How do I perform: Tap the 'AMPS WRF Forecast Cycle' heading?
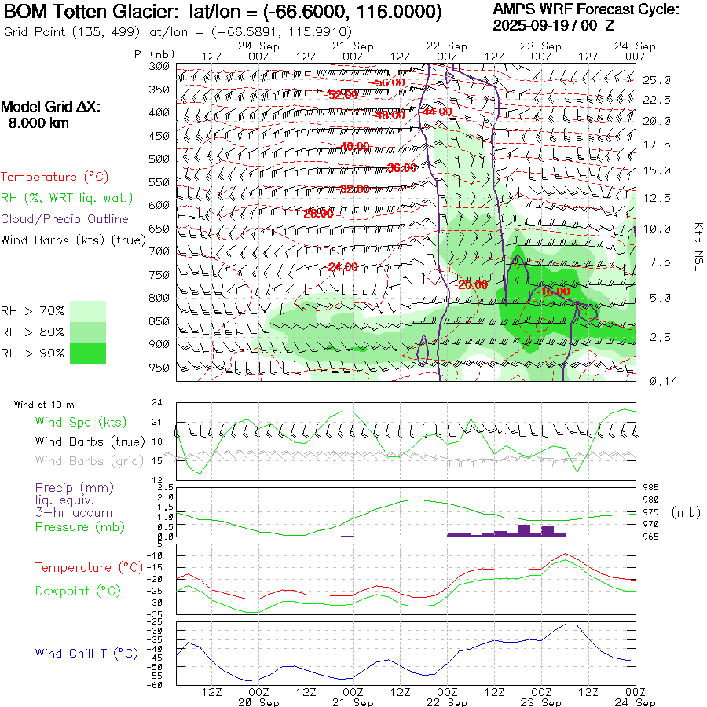pos(586,9)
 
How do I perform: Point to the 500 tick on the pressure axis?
pos(159,159)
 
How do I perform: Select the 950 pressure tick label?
pos(159,367)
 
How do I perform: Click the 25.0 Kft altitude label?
pos(656,80)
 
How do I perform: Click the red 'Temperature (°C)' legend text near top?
pos(50,178)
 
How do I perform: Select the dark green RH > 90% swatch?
pos(88,353)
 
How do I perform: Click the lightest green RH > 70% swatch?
pos(88,311)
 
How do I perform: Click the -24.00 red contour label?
pos(343,267)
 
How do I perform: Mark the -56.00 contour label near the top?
pos(389,82)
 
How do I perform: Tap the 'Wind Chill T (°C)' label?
pos(86,653)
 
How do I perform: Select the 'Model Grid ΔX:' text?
pos(51,108)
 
